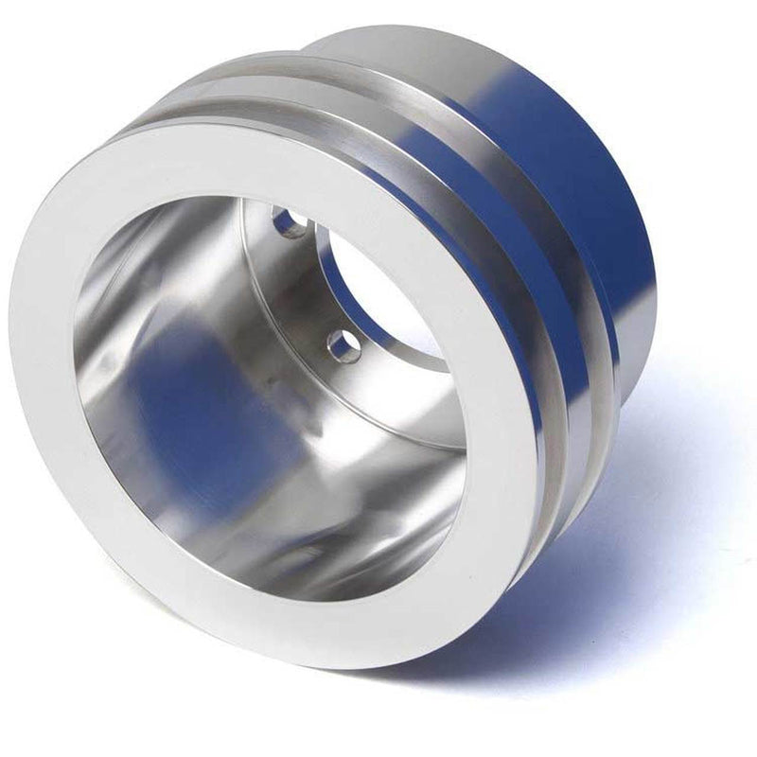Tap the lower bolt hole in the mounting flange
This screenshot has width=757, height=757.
pyautogui.click(x=344, y=345)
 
